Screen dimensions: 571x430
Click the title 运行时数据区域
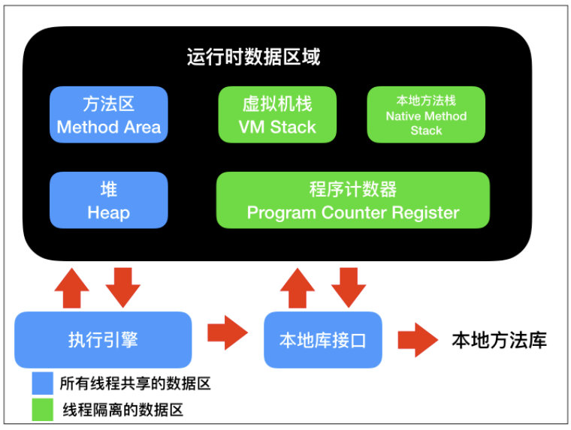(253, 57)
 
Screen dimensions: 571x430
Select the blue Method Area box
(108, 115)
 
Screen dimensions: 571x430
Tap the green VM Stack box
(277, 115)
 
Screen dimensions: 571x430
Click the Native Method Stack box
(426, 115)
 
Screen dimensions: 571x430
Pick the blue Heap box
(108, 200)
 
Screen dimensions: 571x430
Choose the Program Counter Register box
(353, 200)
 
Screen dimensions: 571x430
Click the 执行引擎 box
(103, 340)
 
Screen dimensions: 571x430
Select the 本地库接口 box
(322, 340)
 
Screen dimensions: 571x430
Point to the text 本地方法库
(500, 341)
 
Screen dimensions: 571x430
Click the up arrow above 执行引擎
(71, 288)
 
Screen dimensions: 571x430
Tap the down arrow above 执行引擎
(123, 287)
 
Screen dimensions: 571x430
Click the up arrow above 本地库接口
(298, 288)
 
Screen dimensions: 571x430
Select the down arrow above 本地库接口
(349, 287)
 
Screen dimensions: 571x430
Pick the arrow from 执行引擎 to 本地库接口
(228, 333)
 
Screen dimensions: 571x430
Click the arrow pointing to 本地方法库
(418, 340)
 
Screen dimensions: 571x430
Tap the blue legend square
(43, 383)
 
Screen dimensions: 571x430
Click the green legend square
(43, 410)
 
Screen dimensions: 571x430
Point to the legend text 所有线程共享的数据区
(135, 383)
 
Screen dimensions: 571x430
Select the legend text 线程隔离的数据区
(122, 410)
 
